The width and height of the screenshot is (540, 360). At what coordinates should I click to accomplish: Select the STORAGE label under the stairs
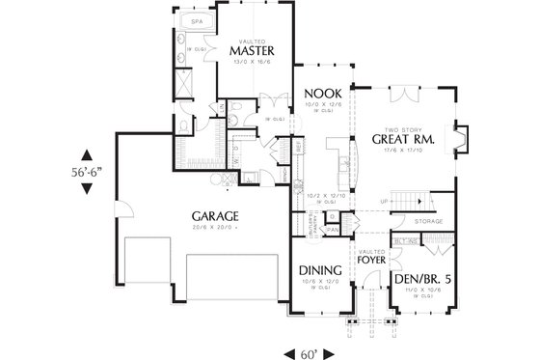point(428,221)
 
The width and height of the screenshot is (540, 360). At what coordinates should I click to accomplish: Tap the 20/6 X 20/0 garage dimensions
point(214,227)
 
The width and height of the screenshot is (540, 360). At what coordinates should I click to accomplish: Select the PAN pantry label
point(331,230)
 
